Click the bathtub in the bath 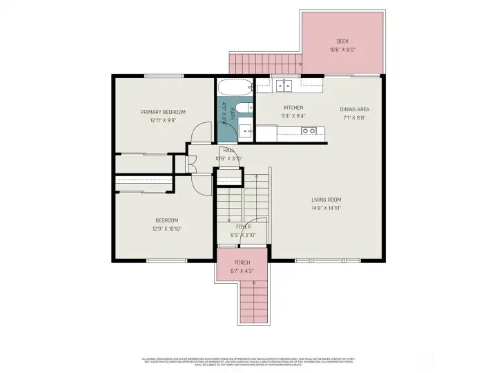pyautogui.click(x=235, y=89)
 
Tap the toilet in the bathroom pyautogui.click(x=246, y=108)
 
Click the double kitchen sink pyautogui.click(x=284, y=86)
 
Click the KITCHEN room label pyautogui.click(x=293, y=108)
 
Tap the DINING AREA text pyautogui.click(x=353, y=109)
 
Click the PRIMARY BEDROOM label pyautogui.click(x=163, y=112)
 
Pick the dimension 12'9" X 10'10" pyautogui.click(x=165, y=229)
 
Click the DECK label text pyautogui.click(x=342, y=41)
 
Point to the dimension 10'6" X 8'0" pyautogui.click(x=342, y=50)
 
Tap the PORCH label pyautogui.click(x=242, y=262)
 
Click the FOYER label pyautogui.click(x=243, y=227)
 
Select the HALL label pyautogui.click(x=228, y=151)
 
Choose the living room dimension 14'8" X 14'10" pyautogui.click(x=327, y=207)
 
